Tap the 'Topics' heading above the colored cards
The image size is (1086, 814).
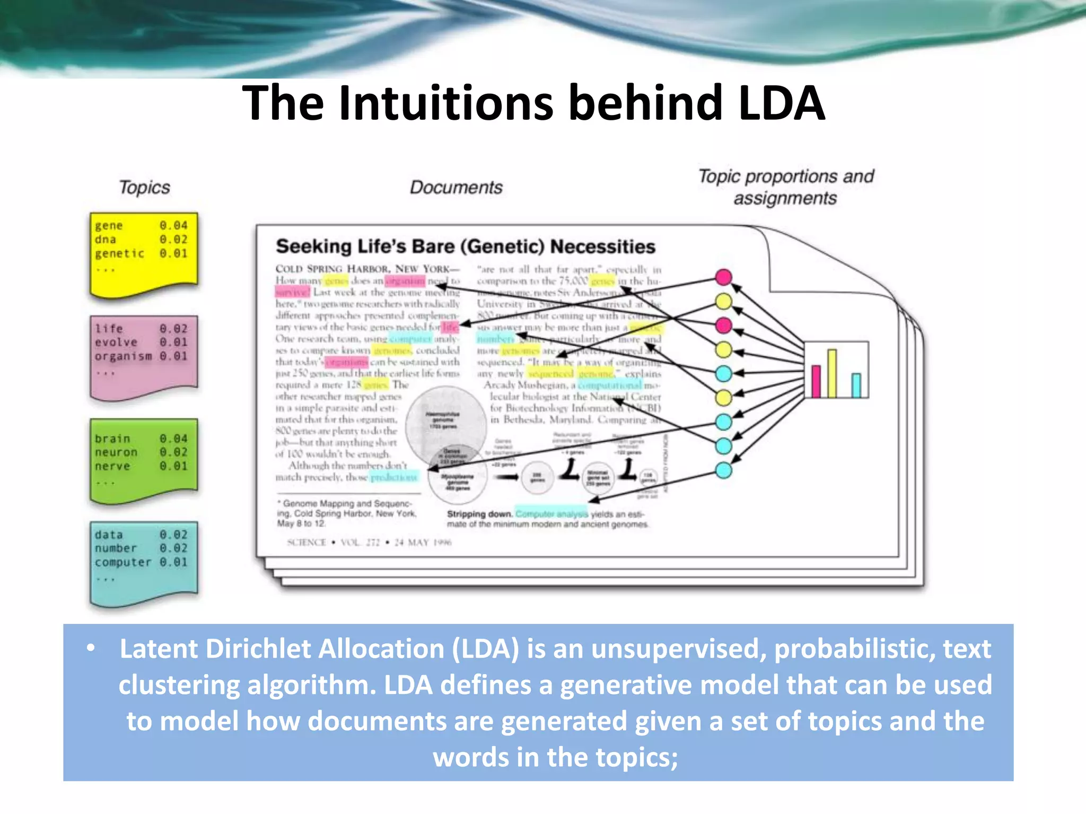(x=144, y=187)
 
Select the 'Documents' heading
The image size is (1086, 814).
(x=456, y=187)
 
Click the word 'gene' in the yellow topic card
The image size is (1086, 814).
(x=109, y=226)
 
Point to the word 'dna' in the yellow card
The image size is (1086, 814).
(x=106, y=240)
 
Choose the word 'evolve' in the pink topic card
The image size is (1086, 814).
(x=116, y=342)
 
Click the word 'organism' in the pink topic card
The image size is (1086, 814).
(x=123, y=356)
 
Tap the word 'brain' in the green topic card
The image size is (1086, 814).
(x=112, y=439)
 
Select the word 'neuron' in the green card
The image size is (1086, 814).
(x=116, y=453)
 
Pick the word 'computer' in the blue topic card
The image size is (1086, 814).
(x=123, y=562)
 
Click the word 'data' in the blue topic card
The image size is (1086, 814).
(x=109, y=535)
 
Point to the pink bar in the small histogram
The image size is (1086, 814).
(x=816, y=381)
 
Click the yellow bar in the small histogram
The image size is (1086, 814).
(x=832, y=373)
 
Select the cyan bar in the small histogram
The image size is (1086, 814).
(x=856, y=385)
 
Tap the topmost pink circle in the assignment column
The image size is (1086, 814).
(x=724, y=277)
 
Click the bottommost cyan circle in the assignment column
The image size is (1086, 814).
(x=724, y=470)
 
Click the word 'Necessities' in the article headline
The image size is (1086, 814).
(x=603, y=246)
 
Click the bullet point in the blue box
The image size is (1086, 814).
(x=91, y=648)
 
